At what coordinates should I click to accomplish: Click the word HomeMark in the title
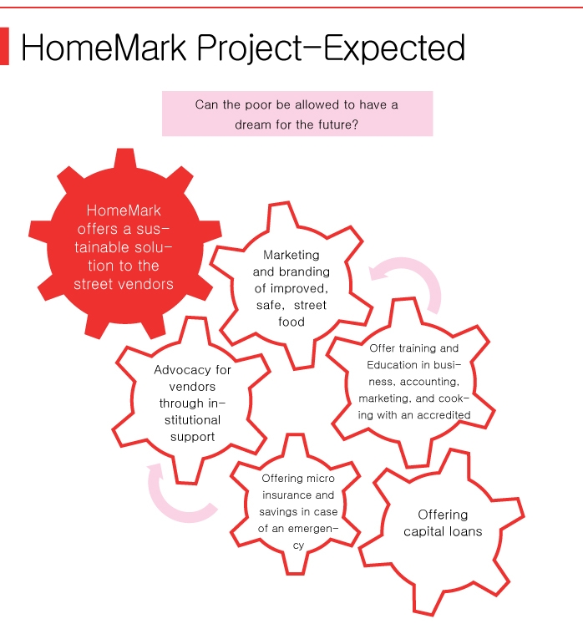click(x=104, y=48)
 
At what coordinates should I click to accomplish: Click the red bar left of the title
click(x=4, y=46)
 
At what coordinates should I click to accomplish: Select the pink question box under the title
click(x=297, y=114)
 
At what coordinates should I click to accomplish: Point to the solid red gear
click(x=125, y=244)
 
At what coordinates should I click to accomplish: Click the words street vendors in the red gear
click(x=124, y=284)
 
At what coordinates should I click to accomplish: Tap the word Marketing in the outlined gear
click(x=291, y=255)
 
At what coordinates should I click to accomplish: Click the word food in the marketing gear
click(x=291, y=322)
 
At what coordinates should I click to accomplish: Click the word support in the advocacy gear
click(x=192, y=437)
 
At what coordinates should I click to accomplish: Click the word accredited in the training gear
click(x=444, y=415)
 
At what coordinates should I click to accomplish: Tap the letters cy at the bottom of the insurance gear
click(x=298, y=545)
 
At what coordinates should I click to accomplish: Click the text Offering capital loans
click(x=443, y=523)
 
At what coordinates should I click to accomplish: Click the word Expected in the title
click(x=394, y=48)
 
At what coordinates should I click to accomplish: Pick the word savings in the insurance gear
click(x=278, y=512)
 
